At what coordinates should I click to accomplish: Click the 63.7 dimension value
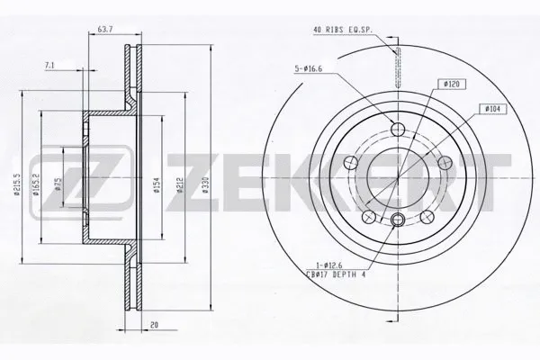[x=107, y=30]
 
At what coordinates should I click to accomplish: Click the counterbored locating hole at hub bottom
[x=398, y=220]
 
